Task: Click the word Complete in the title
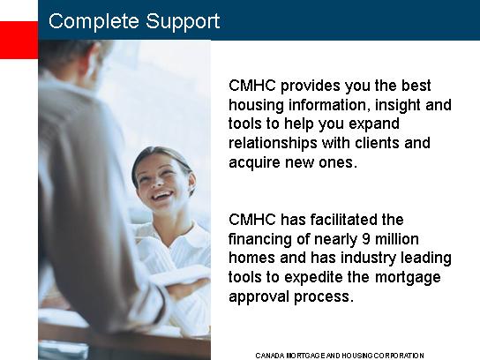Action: coord(94,21)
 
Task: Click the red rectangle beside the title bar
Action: coord(19,40)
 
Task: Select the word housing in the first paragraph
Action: coord(256,105)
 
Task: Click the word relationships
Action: coord(273,144)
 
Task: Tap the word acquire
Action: coord(254,163)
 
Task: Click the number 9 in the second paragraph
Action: coord(366,239)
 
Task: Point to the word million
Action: coord(397,239)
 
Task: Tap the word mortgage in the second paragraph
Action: coord(408,278)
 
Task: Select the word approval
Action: coord(259,297)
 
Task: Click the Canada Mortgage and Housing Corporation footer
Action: coord(340,356)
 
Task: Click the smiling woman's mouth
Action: coord(161,195)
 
